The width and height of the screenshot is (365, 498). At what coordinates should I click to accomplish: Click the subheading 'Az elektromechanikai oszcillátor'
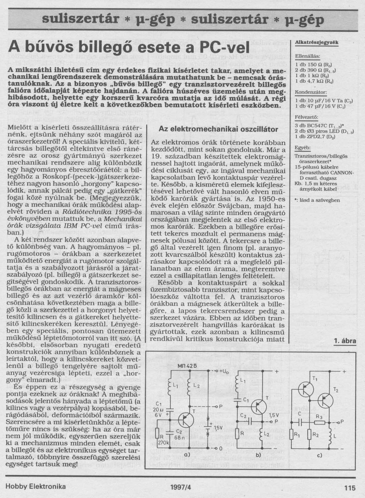[218, 129]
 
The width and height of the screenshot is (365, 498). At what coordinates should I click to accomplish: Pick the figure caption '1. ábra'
[344, 341]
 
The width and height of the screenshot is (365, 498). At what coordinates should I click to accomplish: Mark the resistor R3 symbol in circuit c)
[319, 423]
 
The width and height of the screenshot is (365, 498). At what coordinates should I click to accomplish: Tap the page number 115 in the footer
[350, 487]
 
